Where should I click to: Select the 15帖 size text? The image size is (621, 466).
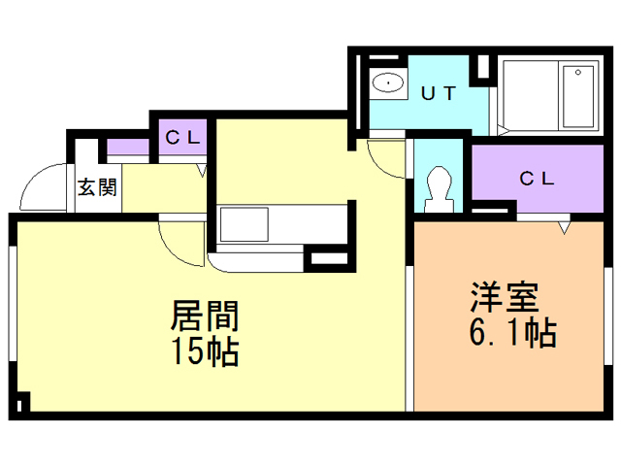tap(206, 350)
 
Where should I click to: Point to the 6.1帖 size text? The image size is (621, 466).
tap(511, 333)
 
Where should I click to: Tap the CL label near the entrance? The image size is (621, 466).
tap(181, 137)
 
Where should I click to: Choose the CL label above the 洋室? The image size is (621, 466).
tap(535, 179)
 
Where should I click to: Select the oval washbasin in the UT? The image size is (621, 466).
tap(389, 82)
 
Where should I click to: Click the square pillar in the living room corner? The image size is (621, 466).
tap(23, 401)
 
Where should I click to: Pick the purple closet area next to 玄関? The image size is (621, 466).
tap(127, 149)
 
